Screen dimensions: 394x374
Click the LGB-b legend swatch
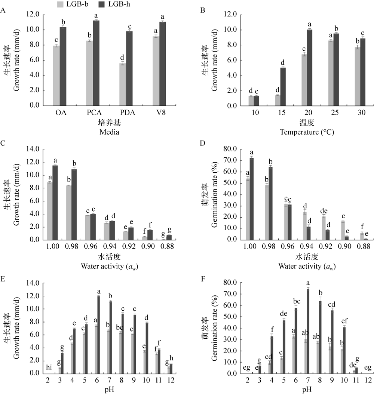point(59,4)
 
